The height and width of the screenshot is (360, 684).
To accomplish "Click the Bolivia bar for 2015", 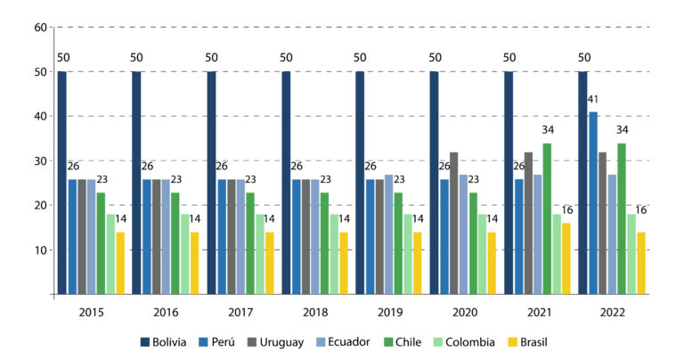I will point(62,183).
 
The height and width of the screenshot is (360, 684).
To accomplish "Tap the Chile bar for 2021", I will point(547,218).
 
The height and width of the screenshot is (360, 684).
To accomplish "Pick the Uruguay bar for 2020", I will point(453,223).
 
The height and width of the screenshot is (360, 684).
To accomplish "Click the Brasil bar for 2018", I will point(343,263).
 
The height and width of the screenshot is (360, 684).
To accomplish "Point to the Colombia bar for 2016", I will point(184,254).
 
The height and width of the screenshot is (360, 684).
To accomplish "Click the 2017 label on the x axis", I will point(240,313).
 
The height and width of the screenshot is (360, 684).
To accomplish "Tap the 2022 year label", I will point(613,313).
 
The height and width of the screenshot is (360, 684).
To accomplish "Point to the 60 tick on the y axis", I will point(39,27).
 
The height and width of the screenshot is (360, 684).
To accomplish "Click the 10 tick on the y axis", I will point(39,250).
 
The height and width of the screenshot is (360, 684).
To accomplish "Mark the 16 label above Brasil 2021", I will point(567,211).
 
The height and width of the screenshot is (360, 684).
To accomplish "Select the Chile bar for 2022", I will point(622,218).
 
